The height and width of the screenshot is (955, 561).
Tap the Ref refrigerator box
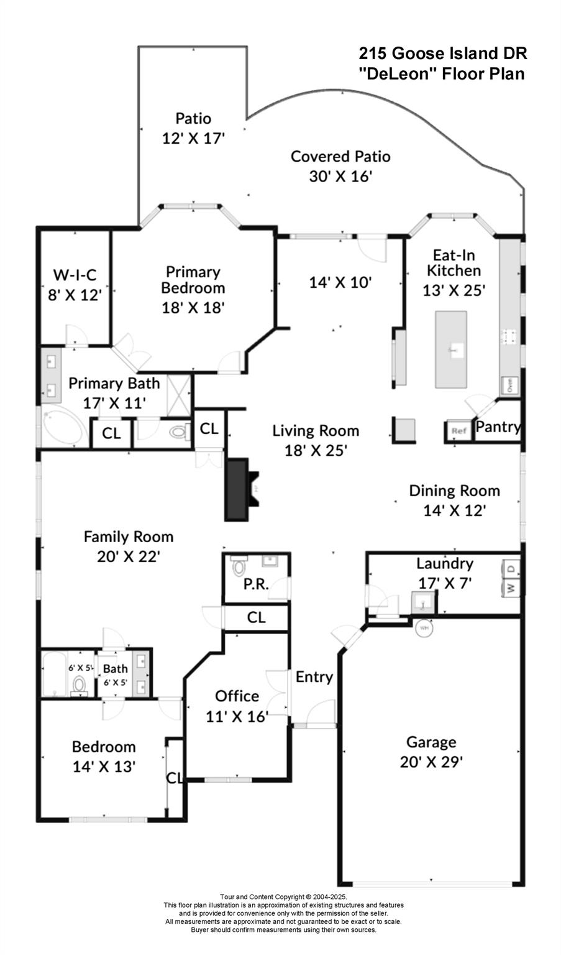tap(458, 431)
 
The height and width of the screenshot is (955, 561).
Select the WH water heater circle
tap(425, 628)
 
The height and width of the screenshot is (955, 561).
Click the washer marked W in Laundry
tap(511, 588)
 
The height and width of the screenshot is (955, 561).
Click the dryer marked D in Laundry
tap(511, 568)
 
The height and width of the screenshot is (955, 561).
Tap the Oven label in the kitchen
tap(509, 386)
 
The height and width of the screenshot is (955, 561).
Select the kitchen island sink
tap(457, 351)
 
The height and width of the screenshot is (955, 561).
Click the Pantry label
tap(498, 427)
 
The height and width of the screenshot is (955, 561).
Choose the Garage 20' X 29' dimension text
tap(431, 761)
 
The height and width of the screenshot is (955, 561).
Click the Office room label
tap(237, 696)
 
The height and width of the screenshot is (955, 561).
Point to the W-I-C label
tap(75, 274)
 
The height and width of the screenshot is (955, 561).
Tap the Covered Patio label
tap(340, 156)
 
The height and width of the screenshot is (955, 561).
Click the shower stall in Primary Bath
tap(178, 392)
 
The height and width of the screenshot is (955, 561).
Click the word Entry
tap(314, 677)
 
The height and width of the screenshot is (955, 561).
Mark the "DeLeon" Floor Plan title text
tap(442, 73)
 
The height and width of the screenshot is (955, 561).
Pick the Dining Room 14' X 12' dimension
tap(454, 510)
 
